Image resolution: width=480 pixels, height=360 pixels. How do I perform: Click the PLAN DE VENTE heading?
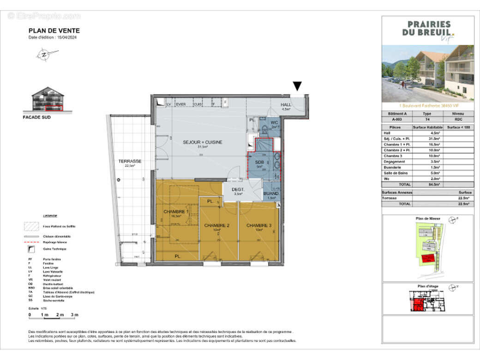(54, 31)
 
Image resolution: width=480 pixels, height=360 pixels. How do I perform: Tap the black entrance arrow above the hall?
(298, 86)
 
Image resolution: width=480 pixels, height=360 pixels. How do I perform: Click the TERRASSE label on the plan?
(130, 161)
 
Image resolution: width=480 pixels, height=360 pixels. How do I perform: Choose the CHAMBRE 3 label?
(259, 225)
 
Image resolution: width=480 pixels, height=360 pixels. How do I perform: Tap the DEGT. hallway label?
(238, 189)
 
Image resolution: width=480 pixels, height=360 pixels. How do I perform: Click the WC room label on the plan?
(275, 122)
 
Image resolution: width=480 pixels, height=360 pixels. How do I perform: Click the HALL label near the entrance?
(286, 105)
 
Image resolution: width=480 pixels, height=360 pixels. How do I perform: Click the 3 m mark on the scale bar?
(74, 315)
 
